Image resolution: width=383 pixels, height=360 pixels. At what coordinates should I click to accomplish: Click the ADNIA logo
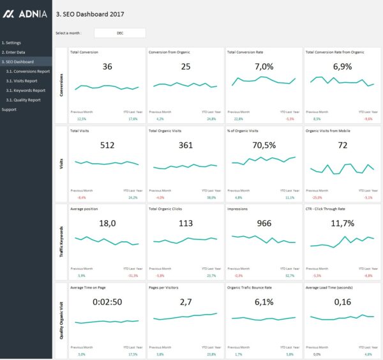tap(26, 13)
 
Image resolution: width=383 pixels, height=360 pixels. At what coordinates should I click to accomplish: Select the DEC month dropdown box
tap(120, 33)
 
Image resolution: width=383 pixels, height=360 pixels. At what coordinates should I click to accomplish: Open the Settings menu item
tap(11, 43)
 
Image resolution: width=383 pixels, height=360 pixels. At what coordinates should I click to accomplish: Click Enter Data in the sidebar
tap(13, 52)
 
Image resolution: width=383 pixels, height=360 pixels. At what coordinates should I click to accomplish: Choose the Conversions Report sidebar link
tap(27, 71)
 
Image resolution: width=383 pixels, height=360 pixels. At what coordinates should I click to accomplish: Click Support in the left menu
tap(9, 109)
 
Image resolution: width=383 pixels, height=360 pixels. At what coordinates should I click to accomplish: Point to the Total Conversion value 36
tap(107, 67)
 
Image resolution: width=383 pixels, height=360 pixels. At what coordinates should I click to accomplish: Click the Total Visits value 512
tap(107, 146)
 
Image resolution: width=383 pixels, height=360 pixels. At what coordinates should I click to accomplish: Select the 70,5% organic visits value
tap(264, 146)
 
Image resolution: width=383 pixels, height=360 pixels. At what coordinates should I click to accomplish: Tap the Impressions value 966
tap(264, 223)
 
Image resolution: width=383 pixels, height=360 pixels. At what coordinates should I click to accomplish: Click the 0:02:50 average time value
tap(107, 302)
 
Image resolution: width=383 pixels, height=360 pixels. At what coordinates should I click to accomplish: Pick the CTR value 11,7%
tap(343, 223)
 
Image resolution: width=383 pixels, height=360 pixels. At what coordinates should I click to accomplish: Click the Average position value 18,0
tap(107, 223)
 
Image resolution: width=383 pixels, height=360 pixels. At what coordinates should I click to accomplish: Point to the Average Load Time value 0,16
tap(343, 302)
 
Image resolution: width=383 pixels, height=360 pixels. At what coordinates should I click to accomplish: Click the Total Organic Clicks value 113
tap(186, 223)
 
